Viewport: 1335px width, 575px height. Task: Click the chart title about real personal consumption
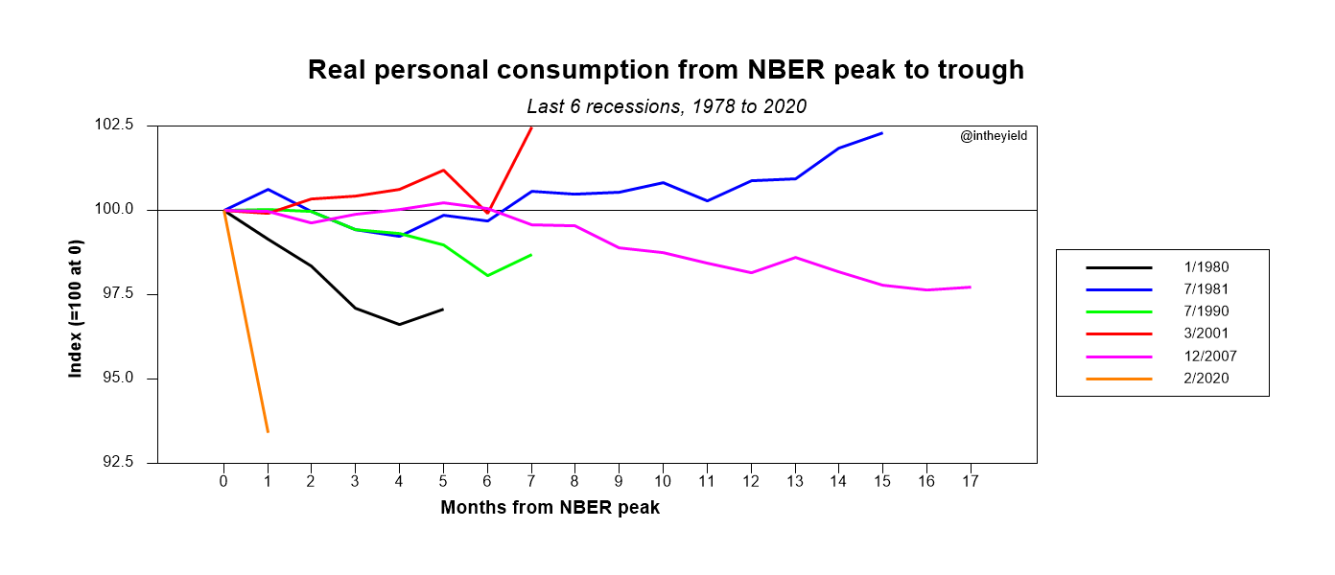(x=666, y=70)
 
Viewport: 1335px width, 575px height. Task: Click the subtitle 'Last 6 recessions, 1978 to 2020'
(x=667, y=106)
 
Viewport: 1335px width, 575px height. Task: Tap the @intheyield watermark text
(x=994, y=137)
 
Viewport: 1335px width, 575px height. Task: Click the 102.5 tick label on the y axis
(x=113, y=126)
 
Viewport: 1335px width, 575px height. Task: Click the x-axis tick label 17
(x=970, y=481)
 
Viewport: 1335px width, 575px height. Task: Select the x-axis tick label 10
(x=663, y=481)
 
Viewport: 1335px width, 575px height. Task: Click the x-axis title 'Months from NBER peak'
(x=550, y=508)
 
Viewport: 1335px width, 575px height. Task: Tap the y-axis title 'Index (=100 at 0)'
(x=76, y=293)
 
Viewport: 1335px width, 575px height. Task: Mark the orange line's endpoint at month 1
(x=268, y=432)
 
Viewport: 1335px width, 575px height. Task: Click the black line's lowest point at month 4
(x=399, y=325)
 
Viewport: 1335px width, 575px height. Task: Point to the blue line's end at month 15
(x=882, y=133)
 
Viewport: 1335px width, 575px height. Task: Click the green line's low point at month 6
(x=487, y=276)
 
